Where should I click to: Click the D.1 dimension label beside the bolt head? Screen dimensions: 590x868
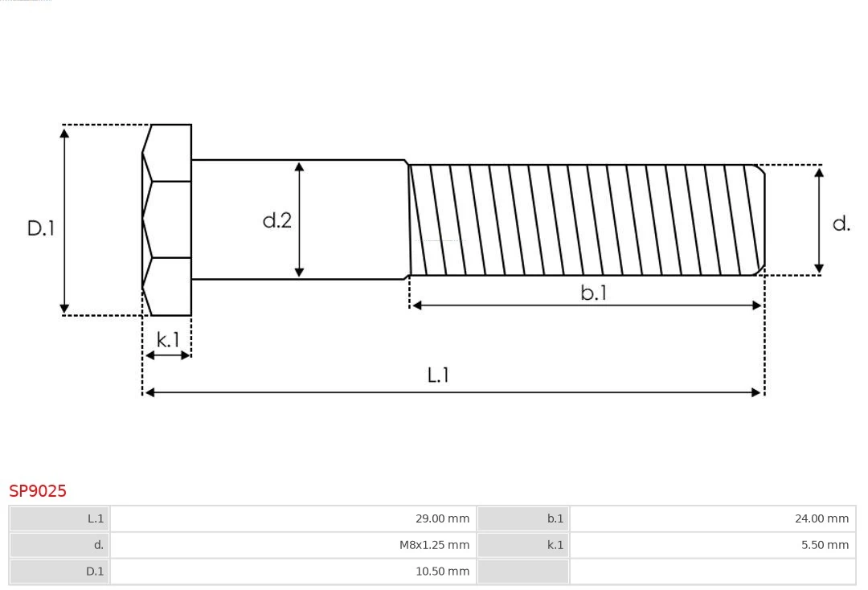(x=41, y=228)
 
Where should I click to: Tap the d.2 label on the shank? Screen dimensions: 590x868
(x=277, y=220)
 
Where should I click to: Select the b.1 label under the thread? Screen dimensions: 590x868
(x=594, y=293)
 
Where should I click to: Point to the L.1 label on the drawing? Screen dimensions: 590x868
(x=438, y=375)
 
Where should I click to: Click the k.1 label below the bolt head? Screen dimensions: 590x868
(x=168, y=340)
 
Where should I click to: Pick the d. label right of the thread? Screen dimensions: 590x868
(x=841, y=224)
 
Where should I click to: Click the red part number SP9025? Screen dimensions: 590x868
(x=38, y=490)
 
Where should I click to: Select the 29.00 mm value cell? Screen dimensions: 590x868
(x=293, y=518)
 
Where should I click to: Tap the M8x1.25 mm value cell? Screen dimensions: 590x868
(x=293, y=545)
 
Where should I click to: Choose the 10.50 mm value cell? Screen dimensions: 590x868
(x=293, y=572)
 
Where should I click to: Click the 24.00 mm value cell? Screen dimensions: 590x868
(x=712, y=518)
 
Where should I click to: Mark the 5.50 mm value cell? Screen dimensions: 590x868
(x=712, y=545)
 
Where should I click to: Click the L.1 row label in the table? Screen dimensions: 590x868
(x=59, y=518)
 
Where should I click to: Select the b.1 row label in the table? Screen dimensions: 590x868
(x=523, y=518)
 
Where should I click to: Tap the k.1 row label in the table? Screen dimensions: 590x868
(x=523, y=545)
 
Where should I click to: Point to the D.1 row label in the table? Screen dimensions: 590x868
(x=59, y=572)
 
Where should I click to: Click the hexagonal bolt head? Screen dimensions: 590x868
(x=168, y=219)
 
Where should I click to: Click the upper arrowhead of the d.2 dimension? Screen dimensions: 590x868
(x=299, y=166)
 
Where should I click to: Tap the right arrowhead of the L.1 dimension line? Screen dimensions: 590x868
(x=757, y=392)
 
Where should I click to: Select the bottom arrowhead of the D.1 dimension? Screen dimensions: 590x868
(x=64, y=309)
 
